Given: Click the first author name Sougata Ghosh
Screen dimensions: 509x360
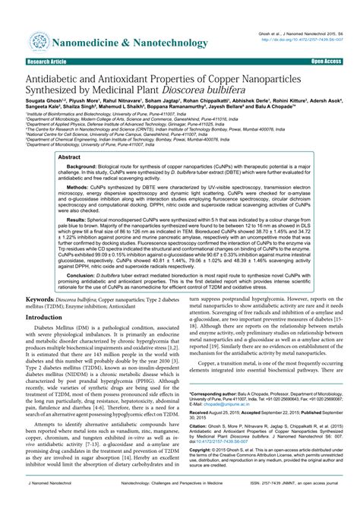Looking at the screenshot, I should [x=45, y=108].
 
